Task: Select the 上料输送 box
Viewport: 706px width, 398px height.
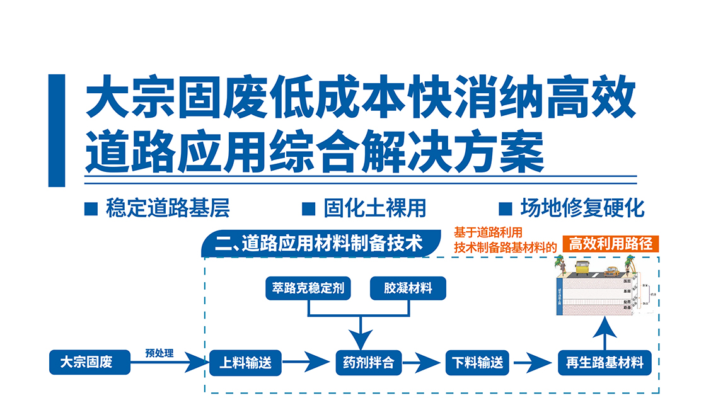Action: click(245, 363)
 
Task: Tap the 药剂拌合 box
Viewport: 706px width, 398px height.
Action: click(369, 363)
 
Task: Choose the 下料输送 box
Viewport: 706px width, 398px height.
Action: click(478, 363)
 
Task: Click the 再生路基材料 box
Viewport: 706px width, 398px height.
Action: click(605, 363)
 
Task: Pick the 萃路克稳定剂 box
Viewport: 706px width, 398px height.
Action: click(308, 288)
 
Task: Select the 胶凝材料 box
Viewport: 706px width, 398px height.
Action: click(408, 288)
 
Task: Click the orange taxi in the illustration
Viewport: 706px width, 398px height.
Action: click(612, 272)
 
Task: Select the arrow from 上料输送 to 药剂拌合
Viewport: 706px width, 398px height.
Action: click(306, 363)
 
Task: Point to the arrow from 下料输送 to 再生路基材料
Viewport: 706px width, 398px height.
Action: click(533, 363)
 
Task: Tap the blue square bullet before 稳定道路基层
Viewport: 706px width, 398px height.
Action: click(91, 208)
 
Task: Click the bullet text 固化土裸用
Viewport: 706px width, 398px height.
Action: click(375, 208)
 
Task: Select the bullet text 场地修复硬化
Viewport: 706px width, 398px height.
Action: click(582, 208)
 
